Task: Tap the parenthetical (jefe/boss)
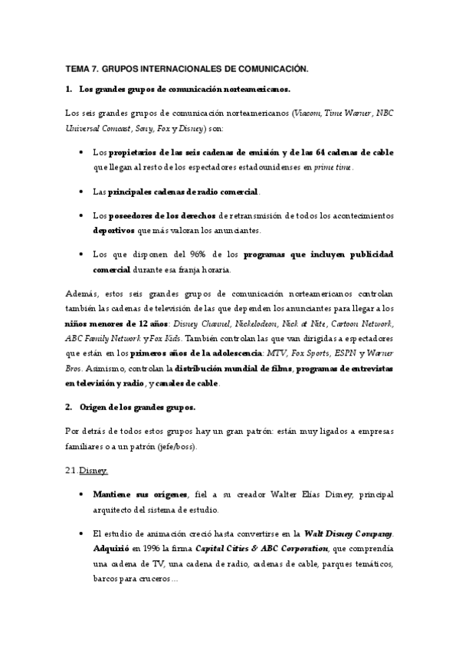click(179, 445)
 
